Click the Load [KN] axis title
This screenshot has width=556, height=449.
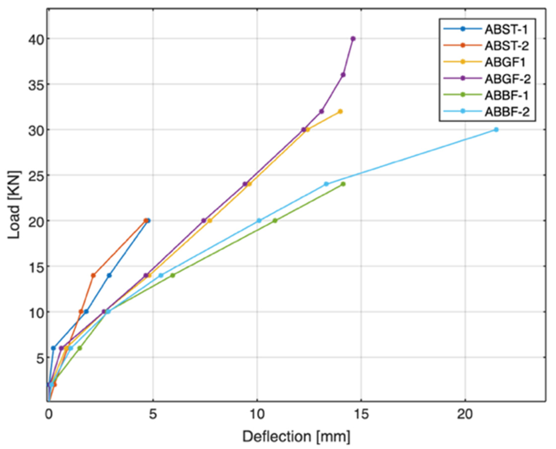click(14, 204)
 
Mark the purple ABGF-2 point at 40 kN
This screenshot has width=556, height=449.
click(353, 39)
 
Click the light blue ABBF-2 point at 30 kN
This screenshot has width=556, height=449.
click(496, 130)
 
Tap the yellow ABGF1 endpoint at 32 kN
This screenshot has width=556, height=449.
click(340, 112)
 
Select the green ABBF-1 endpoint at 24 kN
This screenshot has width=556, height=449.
click(343, 184)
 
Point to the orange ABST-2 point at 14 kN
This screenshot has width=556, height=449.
click(93, 276)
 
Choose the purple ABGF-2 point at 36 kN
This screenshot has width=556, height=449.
click(343, 75)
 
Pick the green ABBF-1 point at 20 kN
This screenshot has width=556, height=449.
click(275, 221)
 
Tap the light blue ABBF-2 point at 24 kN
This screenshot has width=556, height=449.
click(326, 184)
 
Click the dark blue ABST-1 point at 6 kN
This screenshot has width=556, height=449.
click(53, 348)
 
